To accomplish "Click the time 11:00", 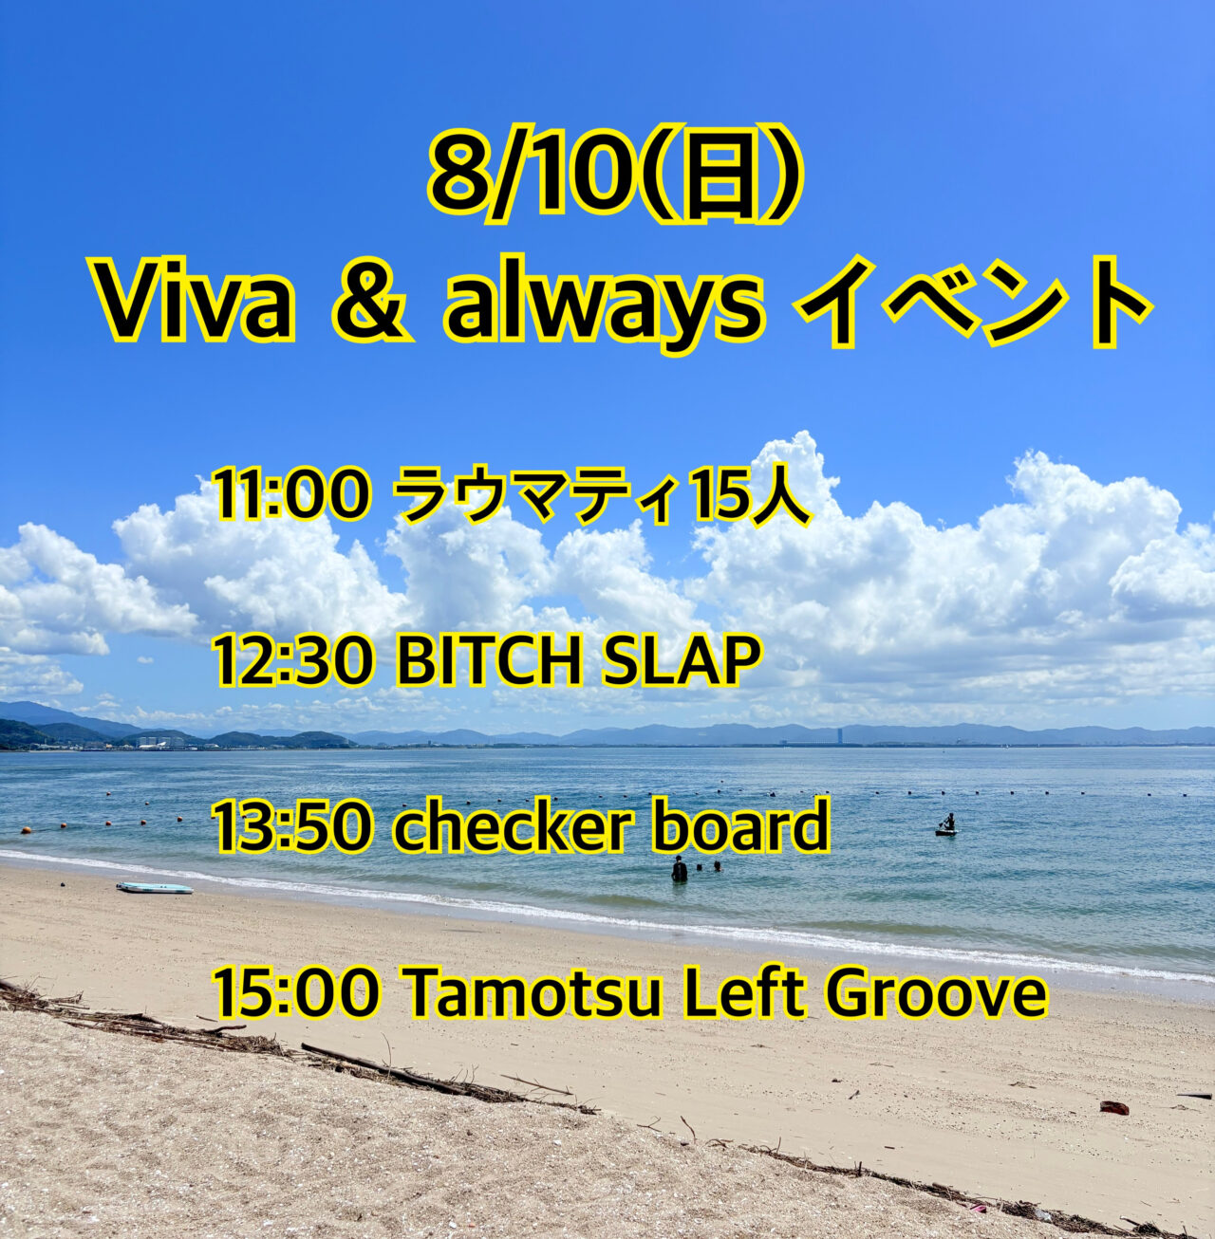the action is click(293, 495).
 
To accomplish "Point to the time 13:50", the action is click(293, 824).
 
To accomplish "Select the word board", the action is click(740, 823).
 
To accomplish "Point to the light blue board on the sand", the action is click(155, 889).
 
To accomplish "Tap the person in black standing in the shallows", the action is click(679, 869).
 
